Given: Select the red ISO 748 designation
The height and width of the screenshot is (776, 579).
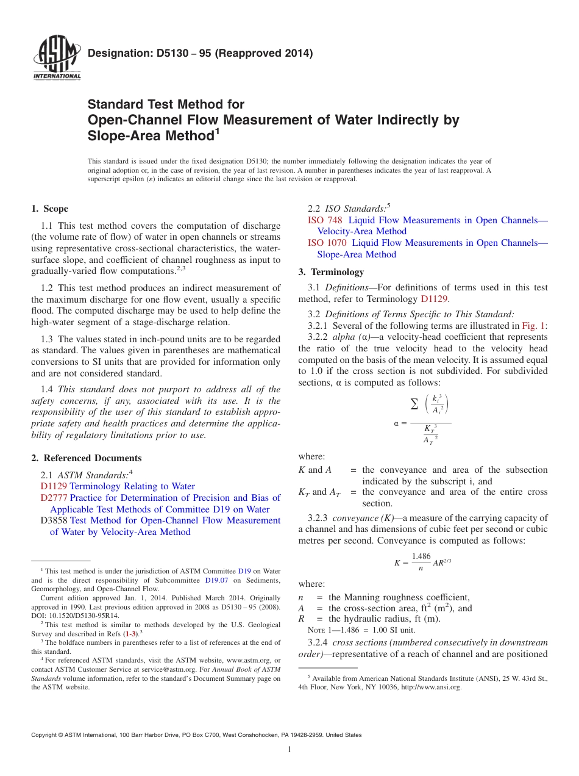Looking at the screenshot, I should coord(324,220).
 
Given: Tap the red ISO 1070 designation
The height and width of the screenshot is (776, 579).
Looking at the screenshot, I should coord(327,243).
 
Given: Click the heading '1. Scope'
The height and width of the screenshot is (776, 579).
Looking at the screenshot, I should coord(49,209).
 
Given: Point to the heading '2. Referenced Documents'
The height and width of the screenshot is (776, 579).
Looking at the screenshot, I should coord(86,458).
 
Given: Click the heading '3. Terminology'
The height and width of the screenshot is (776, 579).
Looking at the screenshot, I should coord(331,272).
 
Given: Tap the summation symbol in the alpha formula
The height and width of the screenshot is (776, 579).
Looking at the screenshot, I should coord(414,404).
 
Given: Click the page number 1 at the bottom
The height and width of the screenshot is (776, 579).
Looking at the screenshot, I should coord(289,749).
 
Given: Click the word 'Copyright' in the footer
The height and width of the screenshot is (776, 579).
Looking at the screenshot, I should coord(44,735).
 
